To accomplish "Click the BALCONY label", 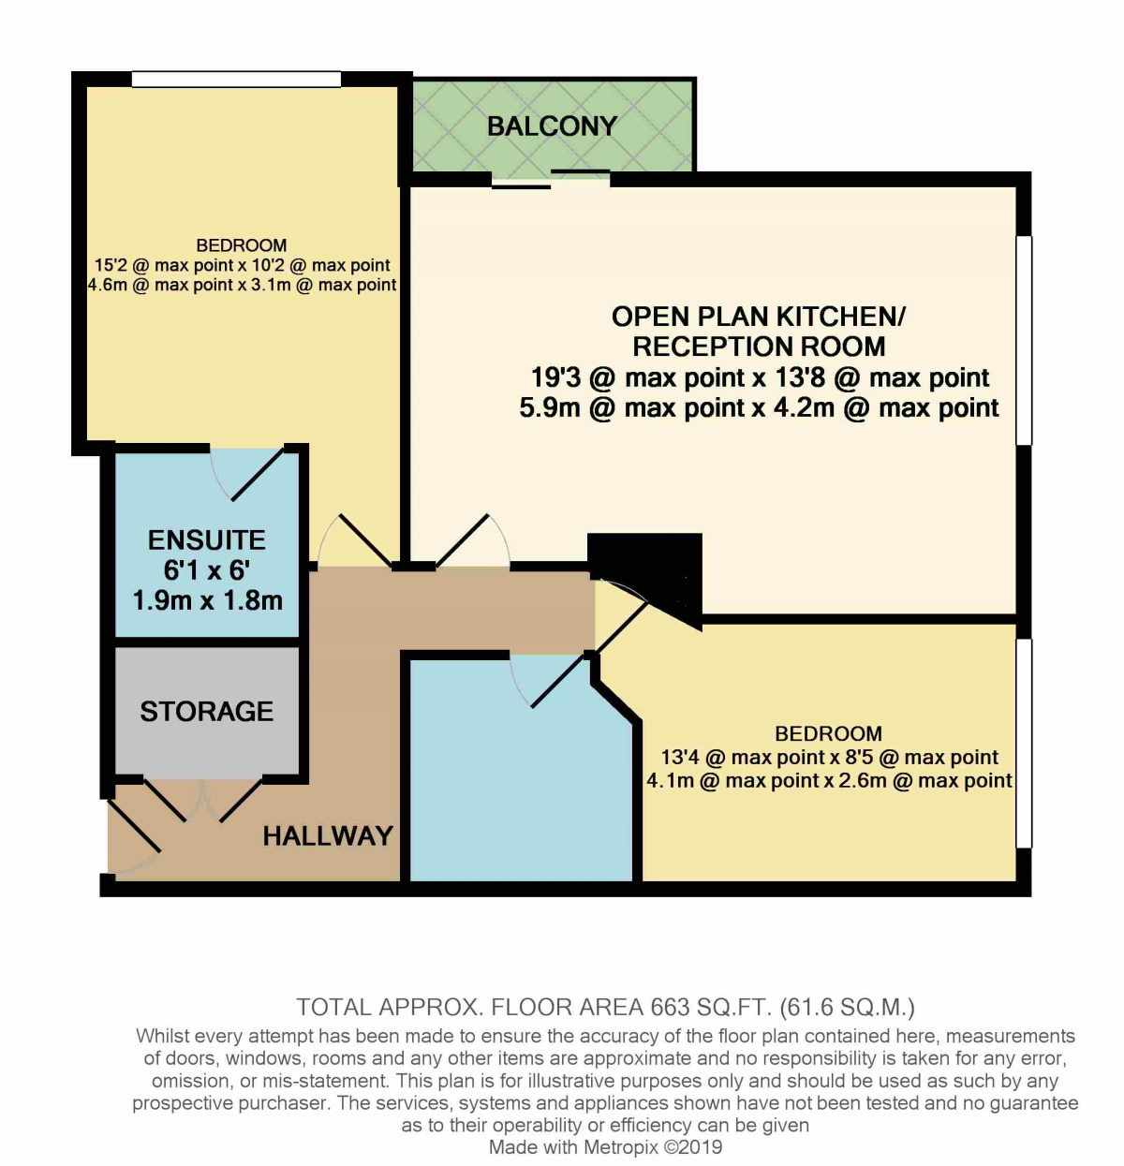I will point(552,126).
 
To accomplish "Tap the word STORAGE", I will point(207,712).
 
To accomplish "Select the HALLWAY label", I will point(328,836).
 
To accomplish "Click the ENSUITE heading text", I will point(207,540).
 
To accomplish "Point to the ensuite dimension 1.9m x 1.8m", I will point(208,601).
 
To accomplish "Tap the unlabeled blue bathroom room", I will point(520,777).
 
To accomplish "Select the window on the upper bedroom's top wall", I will point(235,80).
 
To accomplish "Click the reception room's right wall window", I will point(1024,339).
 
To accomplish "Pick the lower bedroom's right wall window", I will point(1024,744).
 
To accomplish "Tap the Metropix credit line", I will point(605,1147).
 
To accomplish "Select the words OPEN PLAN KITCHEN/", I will point(759,317).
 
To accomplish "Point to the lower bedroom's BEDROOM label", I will point(828,733).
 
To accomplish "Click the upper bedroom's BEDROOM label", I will point(242,245).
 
